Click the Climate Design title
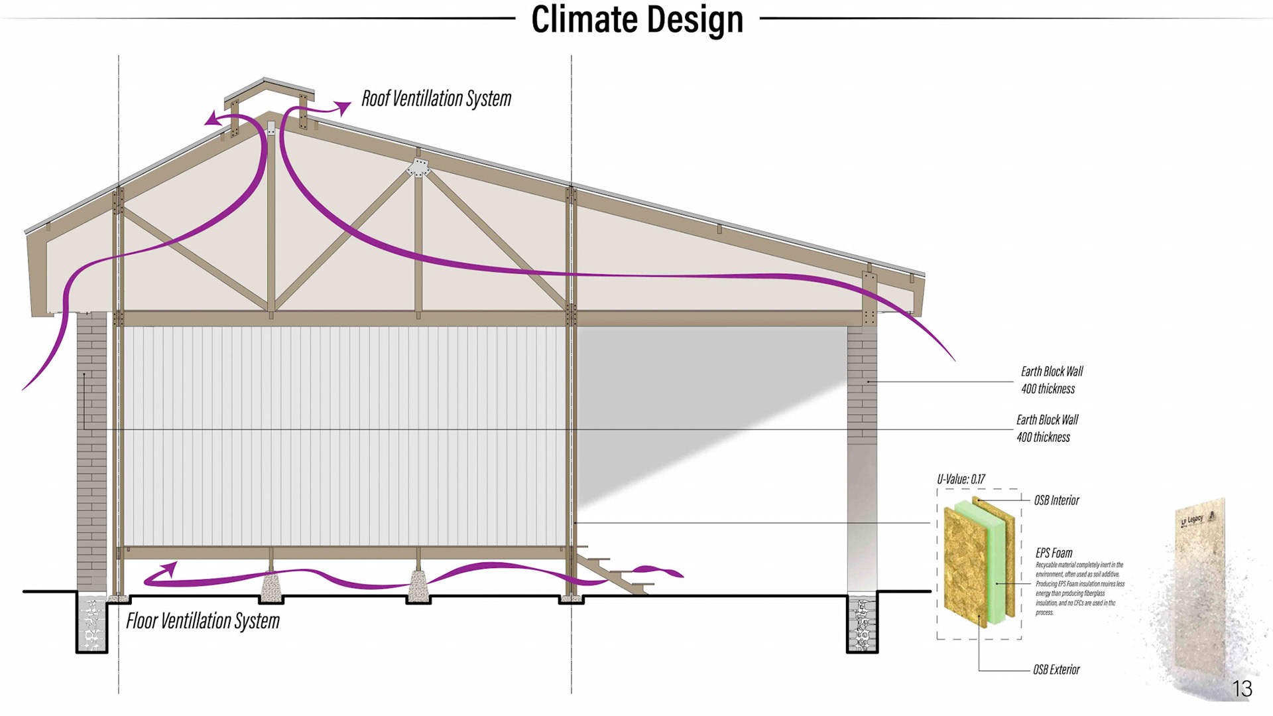[x=636, y=19]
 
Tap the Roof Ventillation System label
[x=436, y=99]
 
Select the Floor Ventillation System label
[x=203, y=621]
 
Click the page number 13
[x=1242, y=689]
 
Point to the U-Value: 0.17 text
[x=961, y=479]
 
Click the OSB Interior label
[x=1056, y=500]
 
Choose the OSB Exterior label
[x=1056, y=670]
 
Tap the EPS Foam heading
[x=1054, y=553]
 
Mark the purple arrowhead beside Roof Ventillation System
[x=343, y=107]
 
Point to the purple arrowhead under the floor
[x=170, y=569]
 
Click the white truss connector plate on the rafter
[x=418, y=167]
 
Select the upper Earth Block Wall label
[x=1052, y=380]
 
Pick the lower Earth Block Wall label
[x=1047, y=428]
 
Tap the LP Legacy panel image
[x=1200, y=584]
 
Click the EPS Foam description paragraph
[x=1079, y=589]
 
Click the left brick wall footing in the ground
[x=91, y=624]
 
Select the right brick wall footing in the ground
[x=862, y=624]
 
